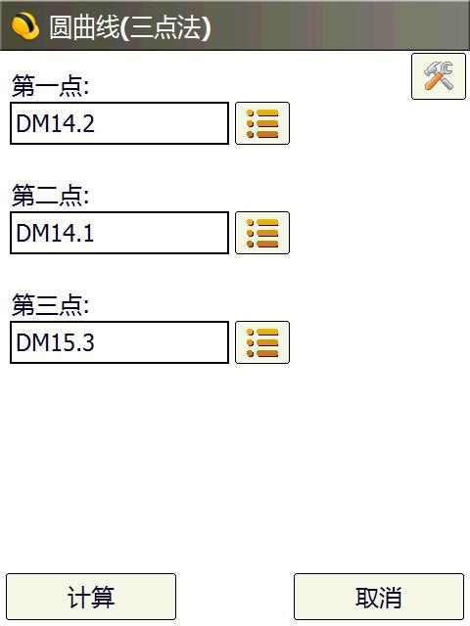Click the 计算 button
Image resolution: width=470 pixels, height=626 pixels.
pos(91,597)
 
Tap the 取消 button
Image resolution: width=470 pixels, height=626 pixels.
pos(379,597)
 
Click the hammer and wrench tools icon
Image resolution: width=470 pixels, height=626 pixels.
pos(439,76)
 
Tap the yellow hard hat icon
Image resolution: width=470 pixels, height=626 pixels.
pos(25,26)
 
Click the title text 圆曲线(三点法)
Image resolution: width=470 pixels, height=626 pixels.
pos(130,27)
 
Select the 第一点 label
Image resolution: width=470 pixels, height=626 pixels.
pos(50,85)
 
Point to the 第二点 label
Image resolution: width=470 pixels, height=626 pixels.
pos(50,196)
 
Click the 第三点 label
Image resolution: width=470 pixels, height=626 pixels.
pos(50,304)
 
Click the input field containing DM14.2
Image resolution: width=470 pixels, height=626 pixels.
pos(119,123)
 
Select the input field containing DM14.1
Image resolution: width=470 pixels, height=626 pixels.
pos(119,233)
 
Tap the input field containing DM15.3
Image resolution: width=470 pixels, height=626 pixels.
pos(119,342)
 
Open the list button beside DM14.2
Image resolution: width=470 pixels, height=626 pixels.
pos(262,123)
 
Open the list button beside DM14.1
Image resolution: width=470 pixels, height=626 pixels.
pos(262,233)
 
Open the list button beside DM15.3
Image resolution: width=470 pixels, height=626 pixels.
pos(262,342)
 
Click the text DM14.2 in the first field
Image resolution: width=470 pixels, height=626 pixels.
pos(55,123)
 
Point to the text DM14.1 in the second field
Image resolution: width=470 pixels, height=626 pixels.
pos(55,233)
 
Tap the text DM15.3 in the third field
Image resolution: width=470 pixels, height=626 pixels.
pos(55,342)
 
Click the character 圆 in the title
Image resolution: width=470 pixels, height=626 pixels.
pos(61,27)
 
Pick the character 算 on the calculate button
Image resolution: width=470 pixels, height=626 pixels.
pos(103,597)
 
